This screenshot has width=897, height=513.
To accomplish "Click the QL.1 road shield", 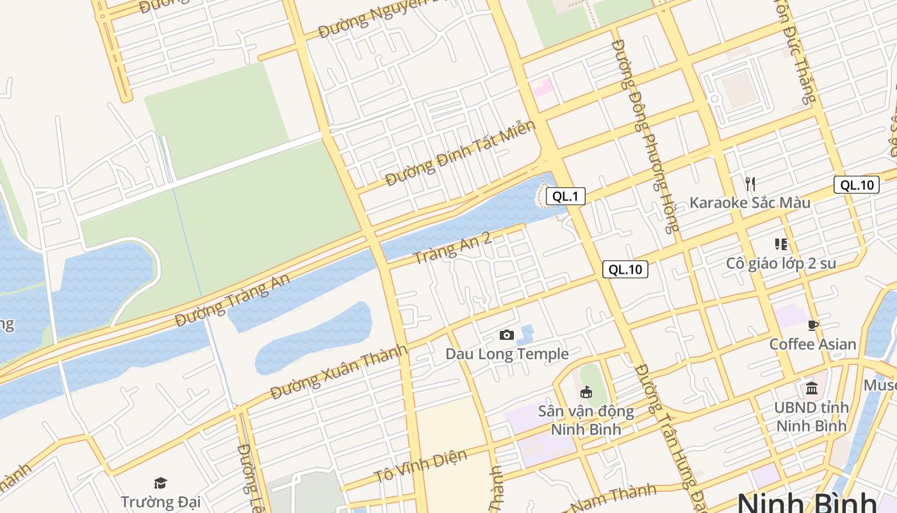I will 566,196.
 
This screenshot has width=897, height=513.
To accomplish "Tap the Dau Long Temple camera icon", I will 506,335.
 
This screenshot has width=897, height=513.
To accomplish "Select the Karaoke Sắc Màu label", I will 750,203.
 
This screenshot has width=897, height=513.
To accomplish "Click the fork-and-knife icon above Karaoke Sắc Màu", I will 750,184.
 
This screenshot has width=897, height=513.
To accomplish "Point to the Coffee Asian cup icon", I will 812,326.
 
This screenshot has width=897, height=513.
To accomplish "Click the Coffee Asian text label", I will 812,344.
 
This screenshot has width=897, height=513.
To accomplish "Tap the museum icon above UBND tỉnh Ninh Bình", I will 812,389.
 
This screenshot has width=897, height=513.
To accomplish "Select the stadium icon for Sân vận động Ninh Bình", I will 586,391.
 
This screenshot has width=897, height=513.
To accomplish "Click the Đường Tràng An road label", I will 233,300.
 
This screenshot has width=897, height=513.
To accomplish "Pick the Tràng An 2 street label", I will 453,248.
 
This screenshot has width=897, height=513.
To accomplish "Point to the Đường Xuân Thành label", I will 339,372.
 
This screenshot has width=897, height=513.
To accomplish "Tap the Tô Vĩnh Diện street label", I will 420,467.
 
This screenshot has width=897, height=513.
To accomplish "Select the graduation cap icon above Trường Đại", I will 160,483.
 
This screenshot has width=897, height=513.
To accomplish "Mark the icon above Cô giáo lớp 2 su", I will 780,244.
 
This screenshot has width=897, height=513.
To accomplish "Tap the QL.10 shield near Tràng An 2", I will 625,269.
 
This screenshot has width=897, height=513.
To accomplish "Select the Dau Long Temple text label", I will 507,354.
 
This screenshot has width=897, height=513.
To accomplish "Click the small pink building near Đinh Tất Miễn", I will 543,87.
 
